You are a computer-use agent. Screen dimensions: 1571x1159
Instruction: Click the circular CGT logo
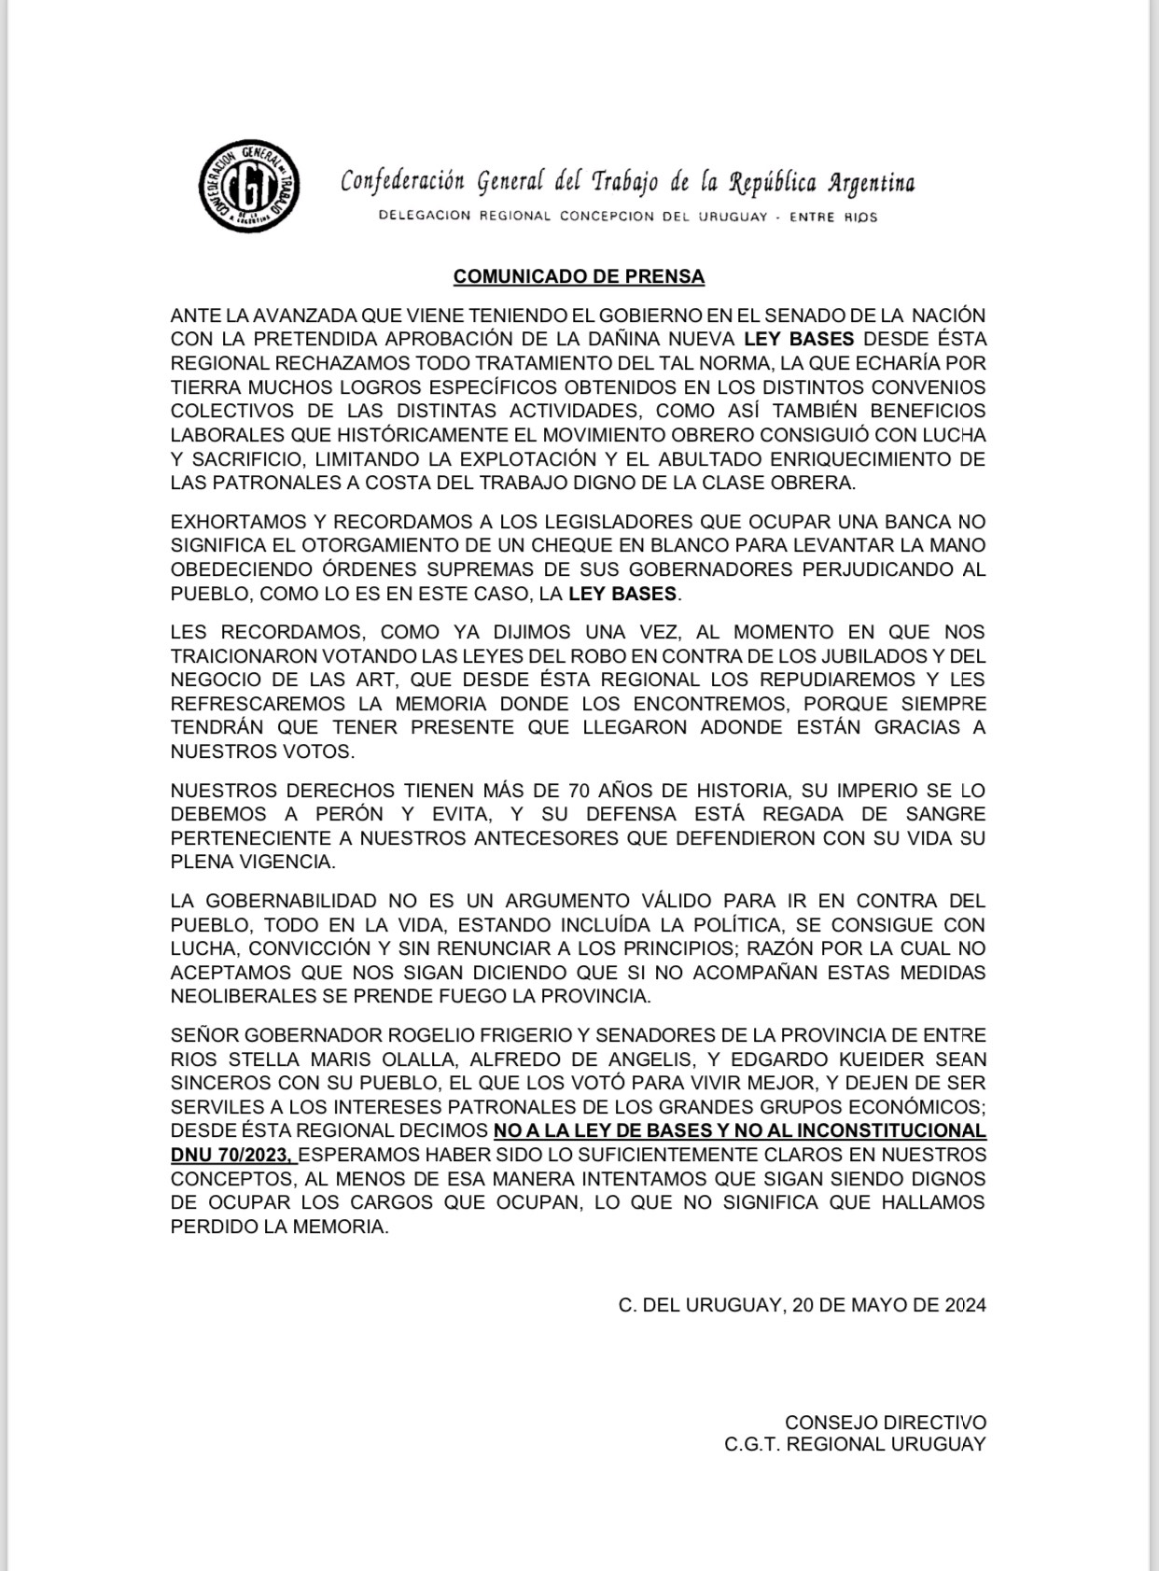249,187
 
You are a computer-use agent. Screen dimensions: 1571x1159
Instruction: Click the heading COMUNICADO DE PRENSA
579,276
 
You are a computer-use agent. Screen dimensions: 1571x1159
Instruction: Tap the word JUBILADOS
821,655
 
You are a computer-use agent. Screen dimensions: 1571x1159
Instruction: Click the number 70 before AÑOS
579,791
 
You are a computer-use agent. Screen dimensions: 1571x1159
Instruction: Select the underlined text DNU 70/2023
232,1155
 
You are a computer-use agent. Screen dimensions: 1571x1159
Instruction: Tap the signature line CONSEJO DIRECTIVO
885,1422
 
